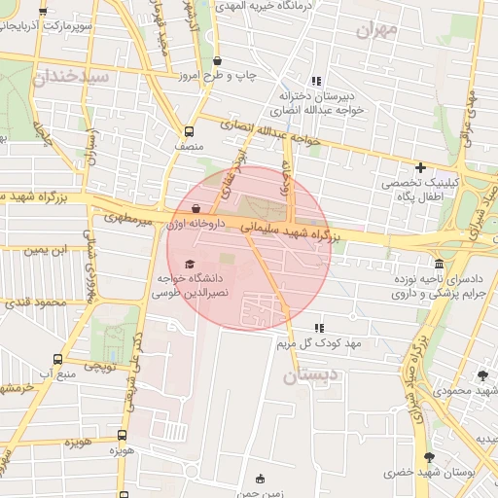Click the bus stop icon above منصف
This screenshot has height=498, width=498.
pyautogui.click(x=189, y=130)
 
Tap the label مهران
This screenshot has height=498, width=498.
pyautogui.click(x=377, y=30)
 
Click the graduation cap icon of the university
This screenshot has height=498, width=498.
pyautogui.click(x=190, y=265)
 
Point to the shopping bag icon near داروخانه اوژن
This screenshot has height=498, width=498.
pyautogui.click(x=196, y=207)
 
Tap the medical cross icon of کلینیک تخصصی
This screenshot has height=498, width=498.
pyautogui.click(x=420, y=167)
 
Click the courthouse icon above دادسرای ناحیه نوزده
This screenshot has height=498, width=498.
pyautogui.click(x=440, y=265)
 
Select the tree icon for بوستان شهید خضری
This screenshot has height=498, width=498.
pyautogui.click(x=429, y=457)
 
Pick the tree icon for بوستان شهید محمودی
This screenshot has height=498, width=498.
pyautogui.click(x=483, y=375)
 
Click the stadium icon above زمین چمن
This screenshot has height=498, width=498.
pyautogui.click(x=259, y=478)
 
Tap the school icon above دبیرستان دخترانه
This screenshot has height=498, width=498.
pyautogui.click(x=315, y=81)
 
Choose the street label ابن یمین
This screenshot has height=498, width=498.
pyautogui.click(x=46, y=251)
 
